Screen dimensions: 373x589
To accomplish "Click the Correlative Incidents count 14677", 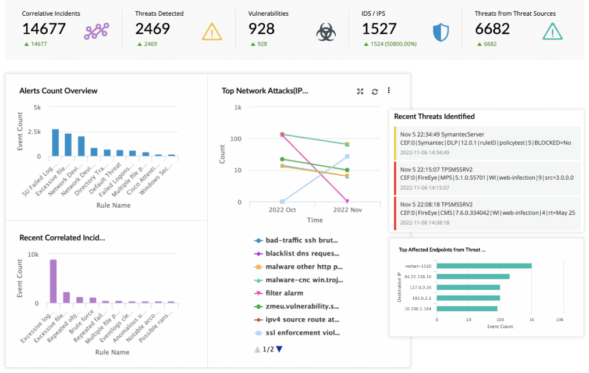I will (44, 29).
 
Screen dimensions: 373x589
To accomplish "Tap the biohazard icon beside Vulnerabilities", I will (326, 32).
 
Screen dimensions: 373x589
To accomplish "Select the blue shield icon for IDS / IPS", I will (441, 32).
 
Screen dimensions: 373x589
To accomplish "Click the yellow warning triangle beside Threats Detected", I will (212, 32).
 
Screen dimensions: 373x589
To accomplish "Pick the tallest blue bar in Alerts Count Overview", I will (55, 143).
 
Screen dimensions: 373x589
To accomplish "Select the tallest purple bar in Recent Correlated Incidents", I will (53, 281).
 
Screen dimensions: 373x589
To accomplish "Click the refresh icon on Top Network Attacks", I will (375, 91).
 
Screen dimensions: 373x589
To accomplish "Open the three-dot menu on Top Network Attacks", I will (389, 91).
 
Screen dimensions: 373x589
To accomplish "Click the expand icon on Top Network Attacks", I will (360, 91).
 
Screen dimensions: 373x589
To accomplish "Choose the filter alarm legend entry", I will (284, 293).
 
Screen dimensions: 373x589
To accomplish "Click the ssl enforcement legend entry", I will (301, 333).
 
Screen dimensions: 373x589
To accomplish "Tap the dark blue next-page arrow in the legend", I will (279, 349).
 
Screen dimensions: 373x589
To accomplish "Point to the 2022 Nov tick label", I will (347, 209).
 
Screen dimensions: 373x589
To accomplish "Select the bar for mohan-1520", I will (484, 266).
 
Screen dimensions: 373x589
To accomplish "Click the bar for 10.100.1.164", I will (467, 308).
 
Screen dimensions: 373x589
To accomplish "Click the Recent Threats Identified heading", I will (434, 116).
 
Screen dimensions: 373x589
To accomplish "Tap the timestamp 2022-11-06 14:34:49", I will (424, 152).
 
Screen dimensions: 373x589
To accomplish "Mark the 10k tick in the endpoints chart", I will (559, 319).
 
